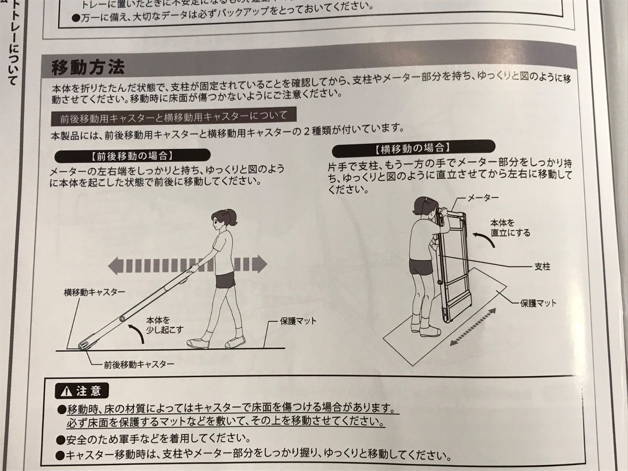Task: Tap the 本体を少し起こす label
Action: click(x=164, y=325)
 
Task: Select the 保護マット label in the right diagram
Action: click(x=538, y=303)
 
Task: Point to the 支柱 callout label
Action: click(x=542, y=267)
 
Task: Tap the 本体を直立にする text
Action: click(x=510, y=228)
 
